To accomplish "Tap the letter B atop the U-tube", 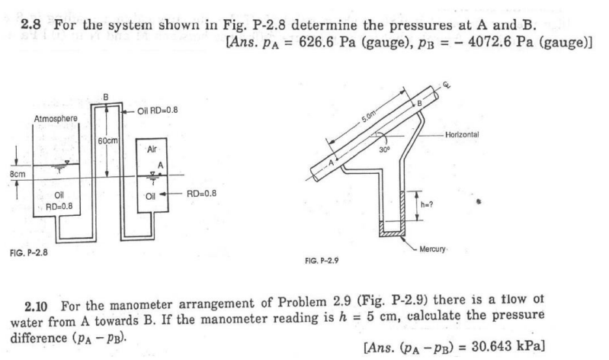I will tap(106, 95).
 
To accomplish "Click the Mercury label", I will tap(441, 248).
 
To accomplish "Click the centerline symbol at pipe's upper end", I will tap(447, 86).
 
